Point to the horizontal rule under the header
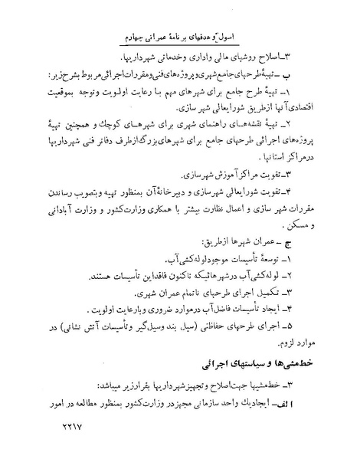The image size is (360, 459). (180, 51)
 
